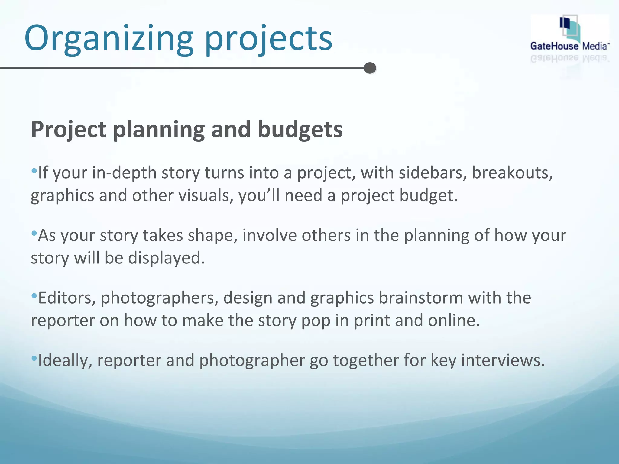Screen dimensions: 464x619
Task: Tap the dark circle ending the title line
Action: pos(370,68)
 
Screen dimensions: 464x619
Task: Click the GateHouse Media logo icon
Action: pos(569,29)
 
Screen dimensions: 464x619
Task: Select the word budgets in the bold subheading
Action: pos(300,129)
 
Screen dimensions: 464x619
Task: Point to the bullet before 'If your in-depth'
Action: pos(34,171)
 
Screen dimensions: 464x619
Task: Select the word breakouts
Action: pos(512,173)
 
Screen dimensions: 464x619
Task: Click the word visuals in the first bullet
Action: pos(206,195)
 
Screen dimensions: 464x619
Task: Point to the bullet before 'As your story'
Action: pos(34,233)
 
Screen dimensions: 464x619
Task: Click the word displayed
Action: pos(166,258)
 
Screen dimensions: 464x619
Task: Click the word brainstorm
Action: pos(421,298)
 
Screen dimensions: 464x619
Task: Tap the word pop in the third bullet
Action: pos(316,321)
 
